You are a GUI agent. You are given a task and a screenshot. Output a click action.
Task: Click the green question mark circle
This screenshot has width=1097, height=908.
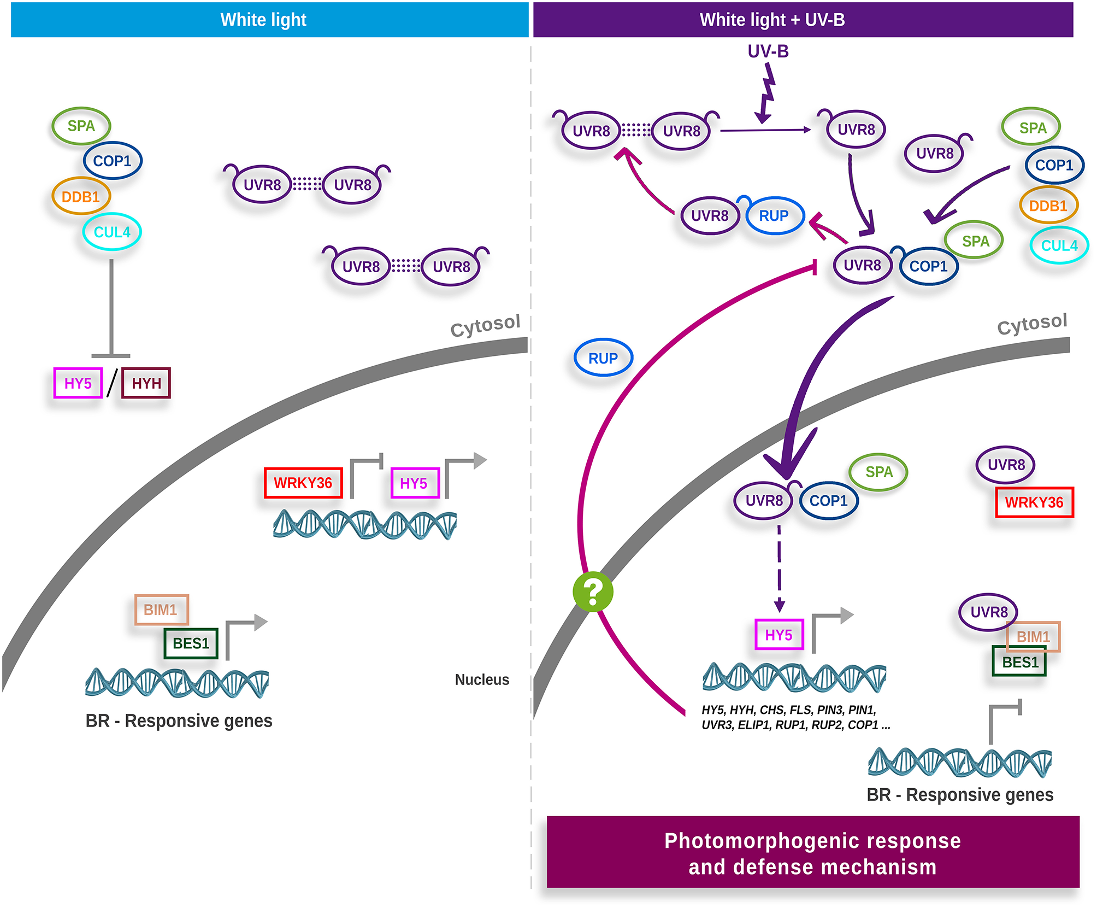click(593, 591)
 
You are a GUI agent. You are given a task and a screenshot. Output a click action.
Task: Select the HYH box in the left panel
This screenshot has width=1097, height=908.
click(146, 383)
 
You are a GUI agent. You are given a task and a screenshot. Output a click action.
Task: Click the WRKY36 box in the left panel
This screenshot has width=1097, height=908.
click(303, 483)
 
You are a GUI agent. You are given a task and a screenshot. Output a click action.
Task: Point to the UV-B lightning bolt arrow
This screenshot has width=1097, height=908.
click(766, 93)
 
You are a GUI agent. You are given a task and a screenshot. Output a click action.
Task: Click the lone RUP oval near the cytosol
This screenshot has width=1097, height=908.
click(603, 358)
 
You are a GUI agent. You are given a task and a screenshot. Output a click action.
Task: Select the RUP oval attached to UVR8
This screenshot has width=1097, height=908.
click(774, 216)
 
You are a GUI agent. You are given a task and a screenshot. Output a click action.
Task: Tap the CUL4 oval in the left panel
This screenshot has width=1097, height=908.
click(112, 232)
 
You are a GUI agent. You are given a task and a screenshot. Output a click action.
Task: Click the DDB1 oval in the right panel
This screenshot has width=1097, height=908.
click(1048, 206)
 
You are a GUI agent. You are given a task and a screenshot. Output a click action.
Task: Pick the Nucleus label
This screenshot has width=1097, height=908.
click(482, 679)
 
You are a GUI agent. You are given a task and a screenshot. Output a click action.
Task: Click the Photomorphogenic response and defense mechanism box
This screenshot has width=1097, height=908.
click(812, 853)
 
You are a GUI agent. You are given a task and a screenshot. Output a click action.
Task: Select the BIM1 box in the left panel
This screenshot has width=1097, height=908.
click(161, 610)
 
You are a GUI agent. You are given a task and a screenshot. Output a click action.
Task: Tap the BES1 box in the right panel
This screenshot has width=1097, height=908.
click(1019, 663)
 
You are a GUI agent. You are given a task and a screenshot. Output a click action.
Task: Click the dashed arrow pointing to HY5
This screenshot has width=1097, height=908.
click(780, 569)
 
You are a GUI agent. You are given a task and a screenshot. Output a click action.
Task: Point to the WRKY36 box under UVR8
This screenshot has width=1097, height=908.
click(1034, 502)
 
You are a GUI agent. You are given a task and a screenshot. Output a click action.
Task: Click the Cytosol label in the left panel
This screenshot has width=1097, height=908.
click(485, 326)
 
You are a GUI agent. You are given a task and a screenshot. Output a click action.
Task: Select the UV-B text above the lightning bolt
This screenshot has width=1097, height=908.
click(768, 51)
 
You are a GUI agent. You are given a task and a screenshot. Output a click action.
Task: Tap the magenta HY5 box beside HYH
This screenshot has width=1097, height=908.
click(78, 383)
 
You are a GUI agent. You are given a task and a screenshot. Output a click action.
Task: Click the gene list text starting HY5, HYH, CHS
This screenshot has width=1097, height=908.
click(795, 717)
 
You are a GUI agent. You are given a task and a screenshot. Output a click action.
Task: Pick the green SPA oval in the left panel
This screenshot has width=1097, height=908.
click(81, 126)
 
